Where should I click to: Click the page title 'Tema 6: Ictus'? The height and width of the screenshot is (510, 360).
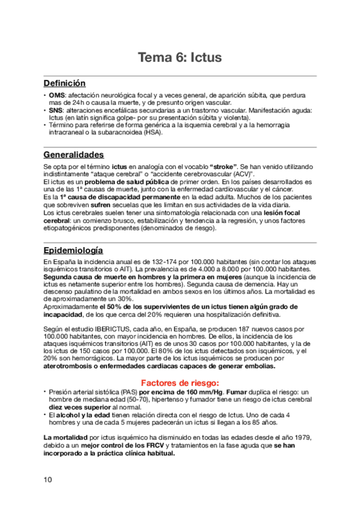(x=180, y=58)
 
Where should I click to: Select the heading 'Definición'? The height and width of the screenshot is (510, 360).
(x=64, y=83)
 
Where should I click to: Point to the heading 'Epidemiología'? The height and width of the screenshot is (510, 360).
(x=73, y=250)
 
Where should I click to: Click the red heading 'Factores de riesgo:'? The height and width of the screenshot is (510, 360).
(x=180, y=382)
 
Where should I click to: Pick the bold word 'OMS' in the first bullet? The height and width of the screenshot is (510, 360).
(x=57, y=96)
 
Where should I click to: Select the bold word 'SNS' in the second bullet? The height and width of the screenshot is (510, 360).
(x=56, y=111)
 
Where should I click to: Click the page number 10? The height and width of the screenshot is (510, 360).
(x=48, y=479)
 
